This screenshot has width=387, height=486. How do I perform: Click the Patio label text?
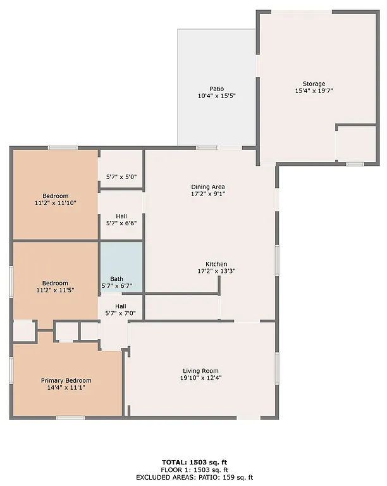coord(217,89)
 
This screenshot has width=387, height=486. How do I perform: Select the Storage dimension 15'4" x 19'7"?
coord(314,91)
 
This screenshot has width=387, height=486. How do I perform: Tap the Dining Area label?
coord(208,187)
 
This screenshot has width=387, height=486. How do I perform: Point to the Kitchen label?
coord(216,264)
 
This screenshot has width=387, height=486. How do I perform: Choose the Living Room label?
coord(202,371)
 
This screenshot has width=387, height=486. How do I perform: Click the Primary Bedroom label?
coord(66,380)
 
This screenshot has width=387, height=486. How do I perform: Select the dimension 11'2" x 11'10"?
coord(56,203)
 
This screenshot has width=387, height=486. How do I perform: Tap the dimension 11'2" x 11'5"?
coord(56,290)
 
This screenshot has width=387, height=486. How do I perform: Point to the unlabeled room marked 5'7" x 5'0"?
coord(121,177)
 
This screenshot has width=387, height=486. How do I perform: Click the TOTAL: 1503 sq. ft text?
coord(193,462)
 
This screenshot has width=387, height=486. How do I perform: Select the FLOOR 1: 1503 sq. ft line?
coord(193,470)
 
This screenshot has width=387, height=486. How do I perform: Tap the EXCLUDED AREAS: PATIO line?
coord(193,477)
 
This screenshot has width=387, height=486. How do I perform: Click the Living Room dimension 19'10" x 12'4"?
coord(202,378)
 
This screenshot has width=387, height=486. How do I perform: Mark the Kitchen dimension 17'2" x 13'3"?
coord(216,271)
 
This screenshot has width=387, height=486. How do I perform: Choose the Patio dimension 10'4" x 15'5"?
coord(217,96)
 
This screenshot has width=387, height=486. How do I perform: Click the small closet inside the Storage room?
coord(356,144)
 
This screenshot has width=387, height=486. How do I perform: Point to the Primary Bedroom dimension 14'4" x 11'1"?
coord(66,388)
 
